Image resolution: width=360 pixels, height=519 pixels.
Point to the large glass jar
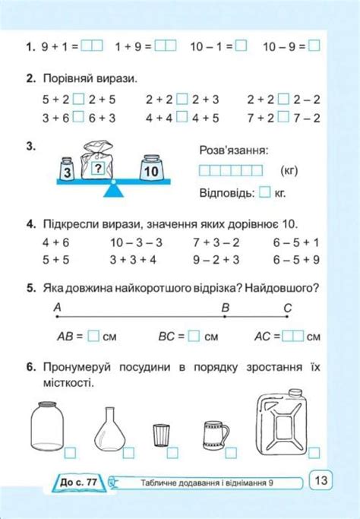(46, 426)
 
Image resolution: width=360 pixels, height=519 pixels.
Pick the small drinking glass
(161, 435)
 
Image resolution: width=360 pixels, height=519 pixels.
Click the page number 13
(321, 480)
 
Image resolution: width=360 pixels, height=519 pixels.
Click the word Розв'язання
(232, 150)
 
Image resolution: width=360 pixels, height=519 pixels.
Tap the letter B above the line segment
(225, 307)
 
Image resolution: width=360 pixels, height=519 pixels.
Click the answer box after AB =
(94, 335)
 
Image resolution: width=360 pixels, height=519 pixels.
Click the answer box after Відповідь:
(264, 193)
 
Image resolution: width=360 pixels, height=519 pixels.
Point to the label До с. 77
(76, 482)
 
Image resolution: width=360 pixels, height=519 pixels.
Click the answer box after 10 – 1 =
(242, 46)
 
